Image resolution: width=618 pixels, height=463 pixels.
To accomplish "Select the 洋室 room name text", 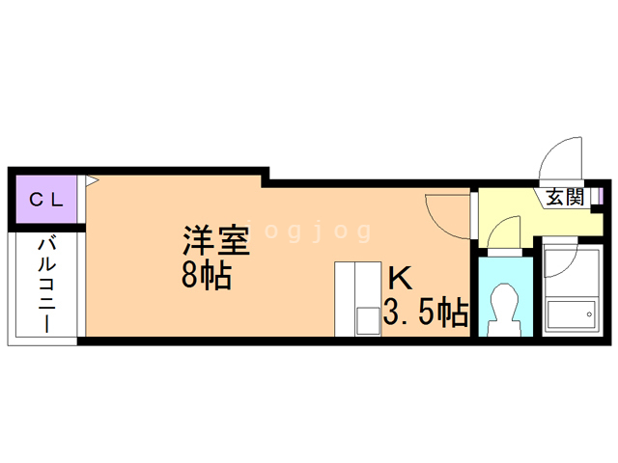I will (217, 239).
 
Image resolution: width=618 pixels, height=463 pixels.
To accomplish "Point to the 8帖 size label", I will (206, 276).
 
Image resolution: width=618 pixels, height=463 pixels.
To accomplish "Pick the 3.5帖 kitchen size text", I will (426, 313).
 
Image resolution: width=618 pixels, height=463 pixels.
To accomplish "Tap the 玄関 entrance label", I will (564, 198).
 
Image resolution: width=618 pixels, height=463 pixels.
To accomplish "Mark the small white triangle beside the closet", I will (92, 179).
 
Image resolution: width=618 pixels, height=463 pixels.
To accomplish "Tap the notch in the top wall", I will (265, 177).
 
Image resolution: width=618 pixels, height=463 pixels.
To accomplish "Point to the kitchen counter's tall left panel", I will (345, 298).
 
